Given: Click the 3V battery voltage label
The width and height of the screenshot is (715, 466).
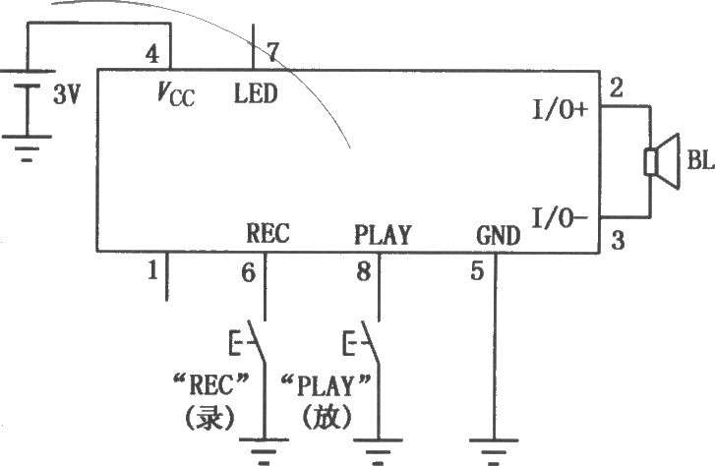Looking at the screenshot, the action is click(67, 94).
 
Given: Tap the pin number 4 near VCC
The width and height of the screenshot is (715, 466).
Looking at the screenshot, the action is click(152, 54).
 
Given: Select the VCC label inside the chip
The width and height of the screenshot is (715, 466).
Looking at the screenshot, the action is click(176, 94).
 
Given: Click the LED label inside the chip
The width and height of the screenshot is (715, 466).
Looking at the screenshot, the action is click(256, 93).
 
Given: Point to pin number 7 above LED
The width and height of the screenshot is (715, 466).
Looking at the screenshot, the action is click(271, 52).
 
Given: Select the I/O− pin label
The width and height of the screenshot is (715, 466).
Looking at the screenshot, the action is click(561, 218).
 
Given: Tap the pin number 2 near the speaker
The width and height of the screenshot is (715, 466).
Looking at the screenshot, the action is click(616, 87).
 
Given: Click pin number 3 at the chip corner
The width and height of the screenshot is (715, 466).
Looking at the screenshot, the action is click(618, 240).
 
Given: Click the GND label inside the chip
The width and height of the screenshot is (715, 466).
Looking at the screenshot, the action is click(499, 235).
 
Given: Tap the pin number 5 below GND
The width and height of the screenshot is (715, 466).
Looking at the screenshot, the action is click(477, 271).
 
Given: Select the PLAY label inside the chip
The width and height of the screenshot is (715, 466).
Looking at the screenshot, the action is click(383, 235).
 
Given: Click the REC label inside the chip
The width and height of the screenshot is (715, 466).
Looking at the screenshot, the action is click(268, 233).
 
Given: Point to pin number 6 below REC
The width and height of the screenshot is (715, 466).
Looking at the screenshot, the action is click(249, 273).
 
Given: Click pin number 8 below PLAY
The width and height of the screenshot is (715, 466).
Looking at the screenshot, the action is click(364, 271).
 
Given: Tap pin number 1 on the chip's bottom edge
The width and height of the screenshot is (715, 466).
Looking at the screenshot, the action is click(153, 270).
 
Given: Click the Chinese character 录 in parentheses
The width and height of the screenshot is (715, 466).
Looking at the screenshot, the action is click(209, 417).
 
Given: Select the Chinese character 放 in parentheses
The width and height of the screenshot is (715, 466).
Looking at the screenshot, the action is click(327, 416).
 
